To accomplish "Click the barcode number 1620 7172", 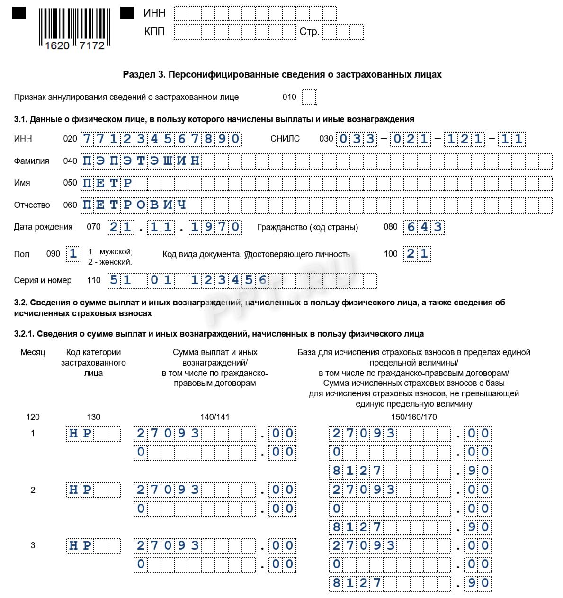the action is click(x=75, y=45).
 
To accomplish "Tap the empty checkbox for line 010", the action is click(x=309, y=97).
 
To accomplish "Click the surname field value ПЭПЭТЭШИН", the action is click(x=141, y=161).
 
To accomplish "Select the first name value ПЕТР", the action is click(x=107, y=183).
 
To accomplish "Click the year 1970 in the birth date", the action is click(x=215, y=227).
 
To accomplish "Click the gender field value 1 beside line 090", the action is click(x=73, y=254).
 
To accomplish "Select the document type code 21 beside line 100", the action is click(x=417, y=254).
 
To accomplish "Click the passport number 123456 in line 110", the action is click(x=229, y=280).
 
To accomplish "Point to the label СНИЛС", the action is click(x=285, y=139).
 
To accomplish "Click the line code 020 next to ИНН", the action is click(x=70, y=139).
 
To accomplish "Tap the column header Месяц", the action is click(x=33, y=352).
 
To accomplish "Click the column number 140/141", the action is click(x=214, y=417).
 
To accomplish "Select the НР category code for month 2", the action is click(x=80, y=490).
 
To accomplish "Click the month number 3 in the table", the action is click(x=33, y=545).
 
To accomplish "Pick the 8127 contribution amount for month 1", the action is click(x=357, y=471).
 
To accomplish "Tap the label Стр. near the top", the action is click(x=309, y=32).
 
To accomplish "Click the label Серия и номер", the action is click(x=43, y=280).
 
